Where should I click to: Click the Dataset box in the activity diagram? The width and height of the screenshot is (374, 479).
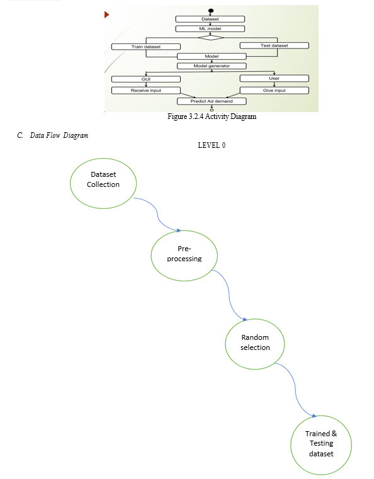(210, 20)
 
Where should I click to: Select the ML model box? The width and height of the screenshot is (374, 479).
(210, 29)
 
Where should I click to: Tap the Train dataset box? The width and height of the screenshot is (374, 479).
(145, 47)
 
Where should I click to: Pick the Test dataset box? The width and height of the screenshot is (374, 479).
(274, 45)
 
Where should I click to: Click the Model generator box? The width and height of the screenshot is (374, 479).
(212, 66)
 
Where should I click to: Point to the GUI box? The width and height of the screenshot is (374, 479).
(145, 79)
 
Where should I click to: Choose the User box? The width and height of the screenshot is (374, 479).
(274, 79)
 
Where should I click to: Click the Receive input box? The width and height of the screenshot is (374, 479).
(145, 91)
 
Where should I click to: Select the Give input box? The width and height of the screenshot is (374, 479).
(274, 91)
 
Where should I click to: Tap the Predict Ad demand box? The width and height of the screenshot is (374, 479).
(212, 101)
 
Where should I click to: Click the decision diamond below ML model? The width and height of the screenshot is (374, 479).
(210, 38)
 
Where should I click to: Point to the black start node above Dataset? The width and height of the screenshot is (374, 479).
(210, 11)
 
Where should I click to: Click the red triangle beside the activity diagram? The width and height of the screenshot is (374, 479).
(106, 14)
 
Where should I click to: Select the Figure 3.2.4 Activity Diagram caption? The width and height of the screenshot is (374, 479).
(212, 116)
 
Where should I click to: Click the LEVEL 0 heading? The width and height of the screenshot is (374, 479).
(212, 145)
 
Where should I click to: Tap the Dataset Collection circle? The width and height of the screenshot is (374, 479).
(103, 183)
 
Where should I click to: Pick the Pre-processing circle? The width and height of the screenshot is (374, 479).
(184, 256)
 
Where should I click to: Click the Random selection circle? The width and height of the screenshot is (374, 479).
(255, 344)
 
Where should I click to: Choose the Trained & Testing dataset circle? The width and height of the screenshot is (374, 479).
(321, 445)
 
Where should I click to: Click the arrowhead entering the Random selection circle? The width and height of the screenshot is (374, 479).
(245, 319)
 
